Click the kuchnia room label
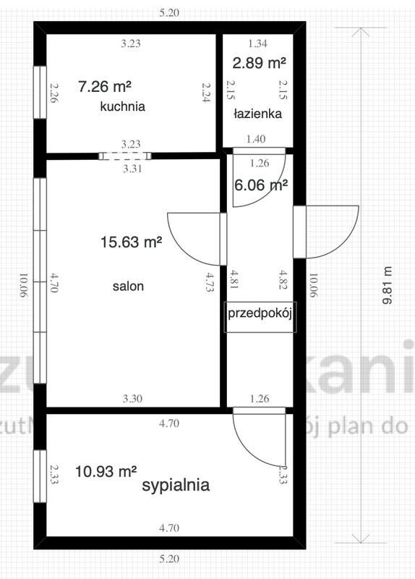coord(123,106)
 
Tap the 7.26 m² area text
coord(105,87)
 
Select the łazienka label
coord(257,114)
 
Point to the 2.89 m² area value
coord(258,63)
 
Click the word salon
coord(128,286)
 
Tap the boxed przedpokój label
coord(261,314)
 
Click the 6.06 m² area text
coord(261,185)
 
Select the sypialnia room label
coord(176,485)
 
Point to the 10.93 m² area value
coord(106,471)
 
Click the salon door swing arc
coord(189,239)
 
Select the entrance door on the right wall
coord(325,232)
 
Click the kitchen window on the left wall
coord(40,93)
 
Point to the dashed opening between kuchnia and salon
coord(124,155)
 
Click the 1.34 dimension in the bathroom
coord(257,43)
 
